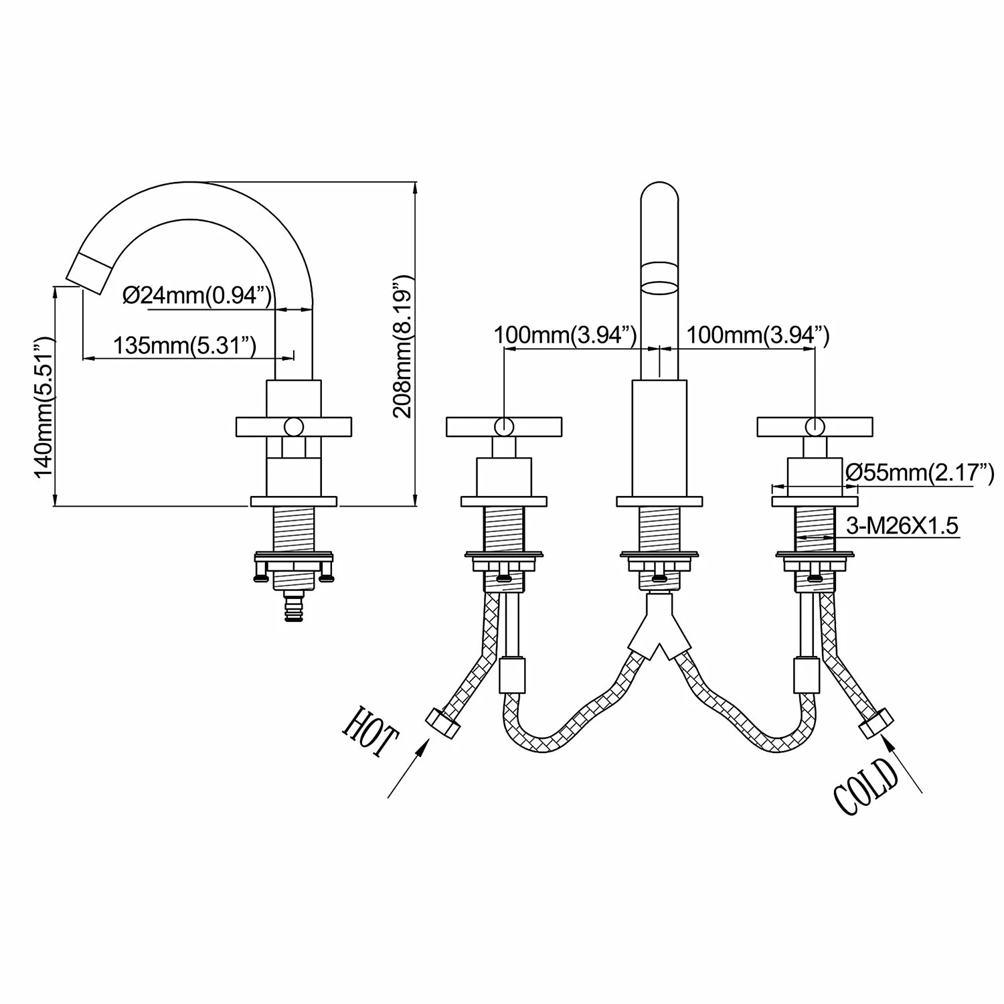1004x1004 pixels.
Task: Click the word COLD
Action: pos(866,788)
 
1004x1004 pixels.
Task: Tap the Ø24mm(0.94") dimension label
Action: pos(198,295)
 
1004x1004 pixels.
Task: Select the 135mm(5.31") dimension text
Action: pos(185,345)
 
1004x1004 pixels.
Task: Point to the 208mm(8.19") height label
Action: pos(403,345)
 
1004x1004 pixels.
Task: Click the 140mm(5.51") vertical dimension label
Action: pos(44,408)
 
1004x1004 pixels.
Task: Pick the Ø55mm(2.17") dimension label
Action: pos(920,473)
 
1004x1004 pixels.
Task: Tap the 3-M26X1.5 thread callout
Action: pos(902,525)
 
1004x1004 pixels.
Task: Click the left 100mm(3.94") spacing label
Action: pos(566,335)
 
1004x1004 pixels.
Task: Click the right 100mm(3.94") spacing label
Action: pos(758,335)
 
